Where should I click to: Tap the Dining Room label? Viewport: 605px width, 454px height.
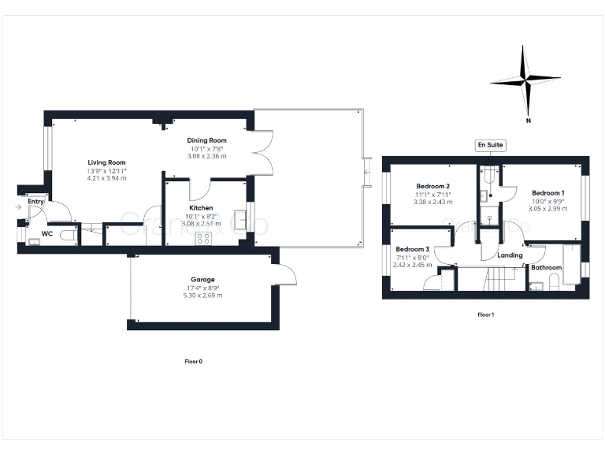tap(206, 140)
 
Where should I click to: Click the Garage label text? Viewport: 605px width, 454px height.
tap(202, 279)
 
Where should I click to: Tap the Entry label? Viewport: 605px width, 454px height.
tap(35, 202)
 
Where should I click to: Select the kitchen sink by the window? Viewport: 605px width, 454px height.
tap(239, 220)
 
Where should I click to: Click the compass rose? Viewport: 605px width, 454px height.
tap(525, 79)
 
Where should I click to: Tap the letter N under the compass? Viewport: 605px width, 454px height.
tap(528, 121)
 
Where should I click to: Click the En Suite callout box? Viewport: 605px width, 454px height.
tap(490, 145)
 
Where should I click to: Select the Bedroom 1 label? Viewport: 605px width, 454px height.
tap(547, 192)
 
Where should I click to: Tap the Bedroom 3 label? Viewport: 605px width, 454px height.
tap(412, 249)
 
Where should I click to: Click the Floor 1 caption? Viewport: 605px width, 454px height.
tap(485, 314)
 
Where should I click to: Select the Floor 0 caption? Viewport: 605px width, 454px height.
tap(193, 361)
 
